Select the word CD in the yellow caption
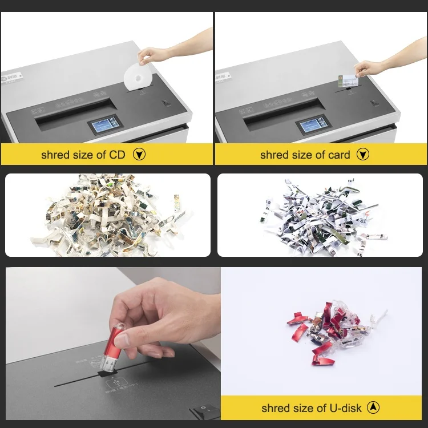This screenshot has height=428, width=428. [118, 155]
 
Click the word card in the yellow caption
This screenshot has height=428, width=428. [339, 155]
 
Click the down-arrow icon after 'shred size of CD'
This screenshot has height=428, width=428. [139, 155]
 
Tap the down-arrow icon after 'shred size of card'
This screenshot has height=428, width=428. [363, 155]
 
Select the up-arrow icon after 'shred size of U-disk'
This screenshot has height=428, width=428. [373, 407]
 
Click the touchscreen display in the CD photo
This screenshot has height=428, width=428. [104, 126]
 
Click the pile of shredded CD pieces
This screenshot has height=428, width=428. [108, 216]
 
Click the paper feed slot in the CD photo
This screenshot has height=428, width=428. [73, 108]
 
